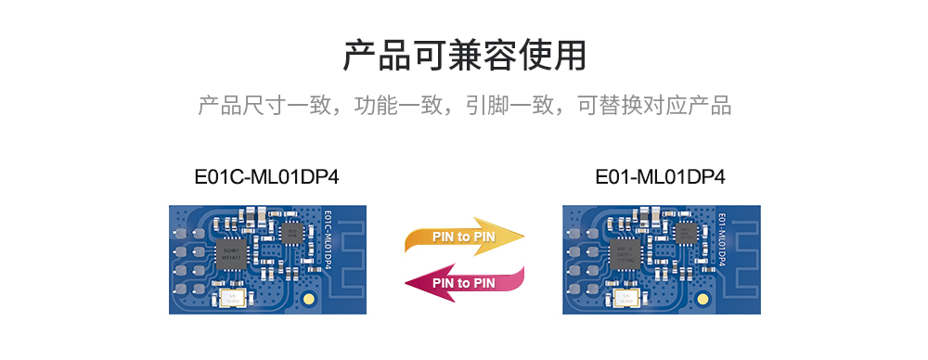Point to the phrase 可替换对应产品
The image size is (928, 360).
click(x=654, y=105)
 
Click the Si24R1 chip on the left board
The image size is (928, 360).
click(x=228, y=251)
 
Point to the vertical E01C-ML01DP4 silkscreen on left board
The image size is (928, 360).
click(x=328, y=240)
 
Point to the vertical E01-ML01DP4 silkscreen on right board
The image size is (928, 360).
click(x=722, y=240)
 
